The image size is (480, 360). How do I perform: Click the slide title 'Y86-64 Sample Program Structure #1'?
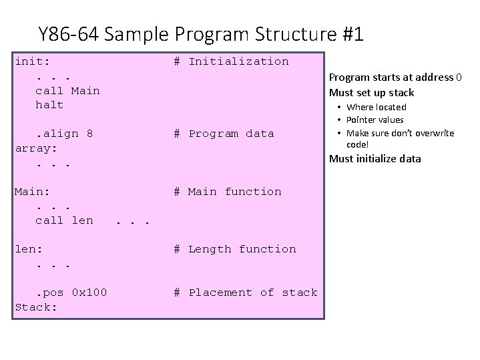201,34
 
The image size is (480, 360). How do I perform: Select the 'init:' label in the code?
33,61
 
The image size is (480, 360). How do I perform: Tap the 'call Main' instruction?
67,90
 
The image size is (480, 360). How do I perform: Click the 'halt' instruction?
49,105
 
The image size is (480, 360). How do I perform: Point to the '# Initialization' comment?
231,61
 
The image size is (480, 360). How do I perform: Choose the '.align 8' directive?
64,134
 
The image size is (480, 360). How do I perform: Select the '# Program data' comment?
224,134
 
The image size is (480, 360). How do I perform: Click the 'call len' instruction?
64,220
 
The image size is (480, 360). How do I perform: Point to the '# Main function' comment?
227,192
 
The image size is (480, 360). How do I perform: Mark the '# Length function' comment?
234,249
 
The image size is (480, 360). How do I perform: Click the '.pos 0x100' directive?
71,293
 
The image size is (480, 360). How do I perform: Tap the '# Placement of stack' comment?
245,293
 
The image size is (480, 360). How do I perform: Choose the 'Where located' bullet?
377,107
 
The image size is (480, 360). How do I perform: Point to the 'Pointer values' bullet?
375,120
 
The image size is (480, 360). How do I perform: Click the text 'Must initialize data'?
375,158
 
